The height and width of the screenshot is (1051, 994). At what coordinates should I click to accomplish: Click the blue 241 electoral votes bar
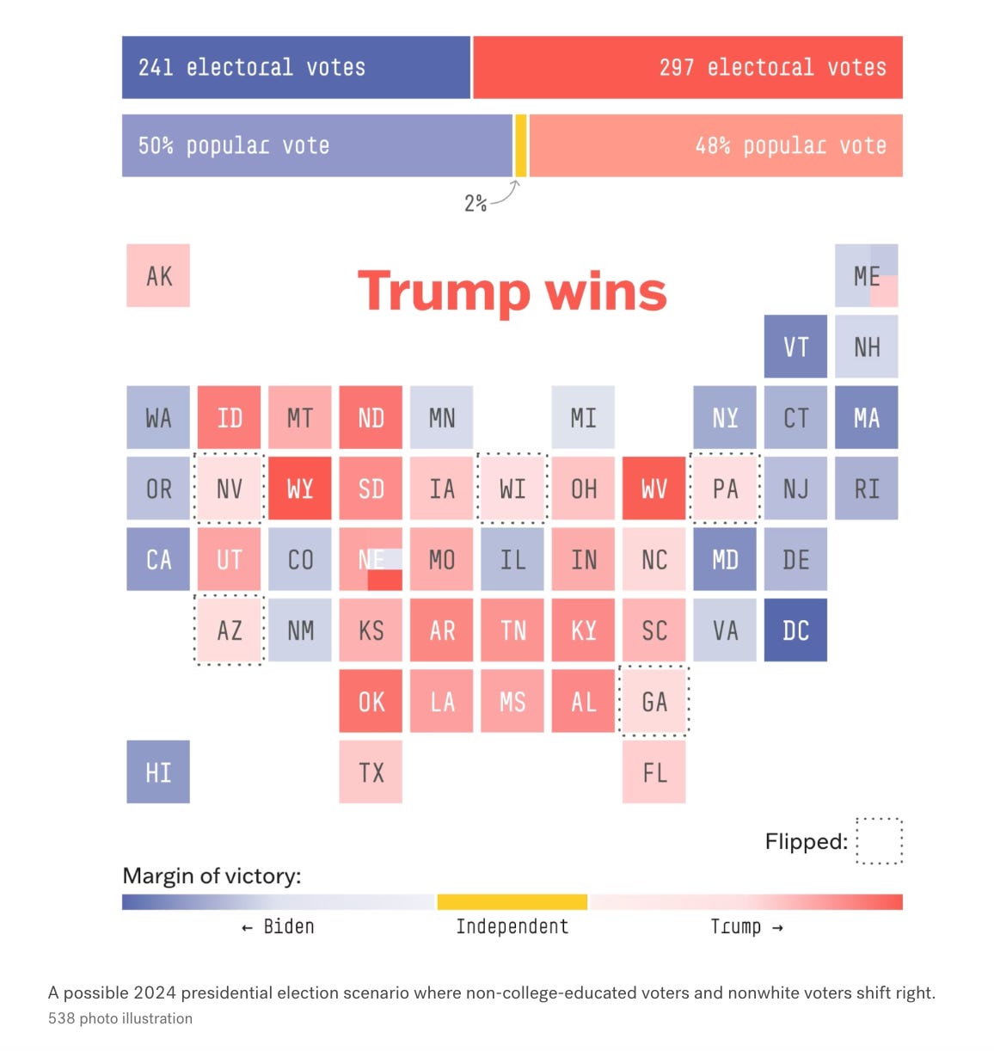[x=296, y=67]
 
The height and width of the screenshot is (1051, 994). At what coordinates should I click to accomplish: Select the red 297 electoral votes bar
[x=687, y=67]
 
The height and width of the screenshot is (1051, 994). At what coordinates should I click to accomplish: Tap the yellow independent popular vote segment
[x=520, y=145]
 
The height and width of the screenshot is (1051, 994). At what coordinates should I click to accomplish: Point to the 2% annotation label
[x=476, y=203]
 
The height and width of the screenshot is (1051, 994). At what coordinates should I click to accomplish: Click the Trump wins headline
[x=512, y=292]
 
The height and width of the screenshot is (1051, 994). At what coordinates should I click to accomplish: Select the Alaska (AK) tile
[x=158, y=276]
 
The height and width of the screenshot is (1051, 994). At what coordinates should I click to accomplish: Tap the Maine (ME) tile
[x=866, y=276]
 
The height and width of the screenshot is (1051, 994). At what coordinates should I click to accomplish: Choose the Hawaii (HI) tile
[x=158, y=772]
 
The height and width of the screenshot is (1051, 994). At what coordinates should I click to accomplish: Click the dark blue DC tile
[x=795, y=630]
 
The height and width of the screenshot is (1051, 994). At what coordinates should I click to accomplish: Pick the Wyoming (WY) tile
[x=300, y=489]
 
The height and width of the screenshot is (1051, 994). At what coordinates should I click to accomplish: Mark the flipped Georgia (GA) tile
[x=654, y=702]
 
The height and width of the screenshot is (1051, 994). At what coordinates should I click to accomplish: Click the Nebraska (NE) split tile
[x=371, y=560]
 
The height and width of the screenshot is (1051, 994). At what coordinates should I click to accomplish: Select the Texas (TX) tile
[x=371, y=772]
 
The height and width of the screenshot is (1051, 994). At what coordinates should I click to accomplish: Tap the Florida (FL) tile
[x=654, y=772]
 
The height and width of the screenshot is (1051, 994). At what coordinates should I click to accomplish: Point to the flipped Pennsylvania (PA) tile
[x=725, y=489]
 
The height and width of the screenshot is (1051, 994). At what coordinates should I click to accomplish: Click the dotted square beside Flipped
[x=880, y=840]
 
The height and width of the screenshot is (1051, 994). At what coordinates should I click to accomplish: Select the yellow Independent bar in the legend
[x=512, y=902]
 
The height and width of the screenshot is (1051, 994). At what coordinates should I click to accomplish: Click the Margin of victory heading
[x=212, y=876]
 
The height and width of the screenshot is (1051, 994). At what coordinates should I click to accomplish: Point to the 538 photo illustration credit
[x=120, y=1018]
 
